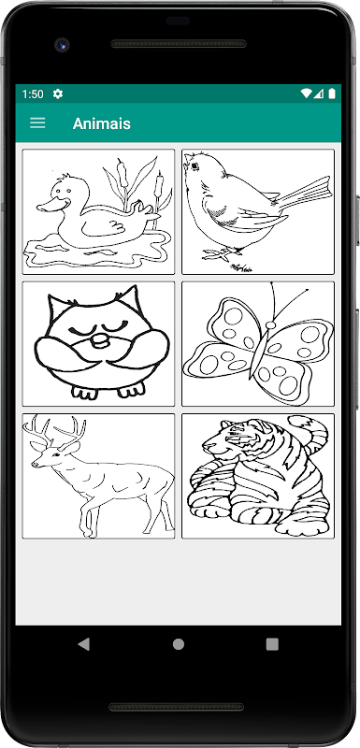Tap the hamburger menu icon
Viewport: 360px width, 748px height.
tap(37, 123)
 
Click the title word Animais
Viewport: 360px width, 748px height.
tap(102, 123)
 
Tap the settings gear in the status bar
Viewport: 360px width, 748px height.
tap(58, 94)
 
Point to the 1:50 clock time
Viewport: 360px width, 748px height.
tap(33, 94)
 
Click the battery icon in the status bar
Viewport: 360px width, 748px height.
tap(332, 93)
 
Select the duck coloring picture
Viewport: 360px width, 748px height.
tap(98, 212)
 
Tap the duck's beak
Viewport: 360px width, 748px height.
tap(51, 206)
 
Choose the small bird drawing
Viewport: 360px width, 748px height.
tap(258, 212)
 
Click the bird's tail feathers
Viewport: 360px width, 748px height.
tap(304, 194)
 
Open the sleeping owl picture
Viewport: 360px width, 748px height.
tap(98, 344)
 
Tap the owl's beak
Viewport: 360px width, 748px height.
tap(101, 340)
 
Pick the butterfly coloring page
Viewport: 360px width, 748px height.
tap(258, 344)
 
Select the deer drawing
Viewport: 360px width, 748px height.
tap(98, 476)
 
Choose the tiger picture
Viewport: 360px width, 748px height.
tap(258, 476)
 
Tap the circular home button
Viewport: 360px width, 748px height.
tap(179, 644)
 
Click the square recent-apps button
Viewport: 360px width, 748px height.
tap(272, 644)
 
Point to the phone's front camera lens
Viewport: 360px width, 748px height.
tap(62, 45)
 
